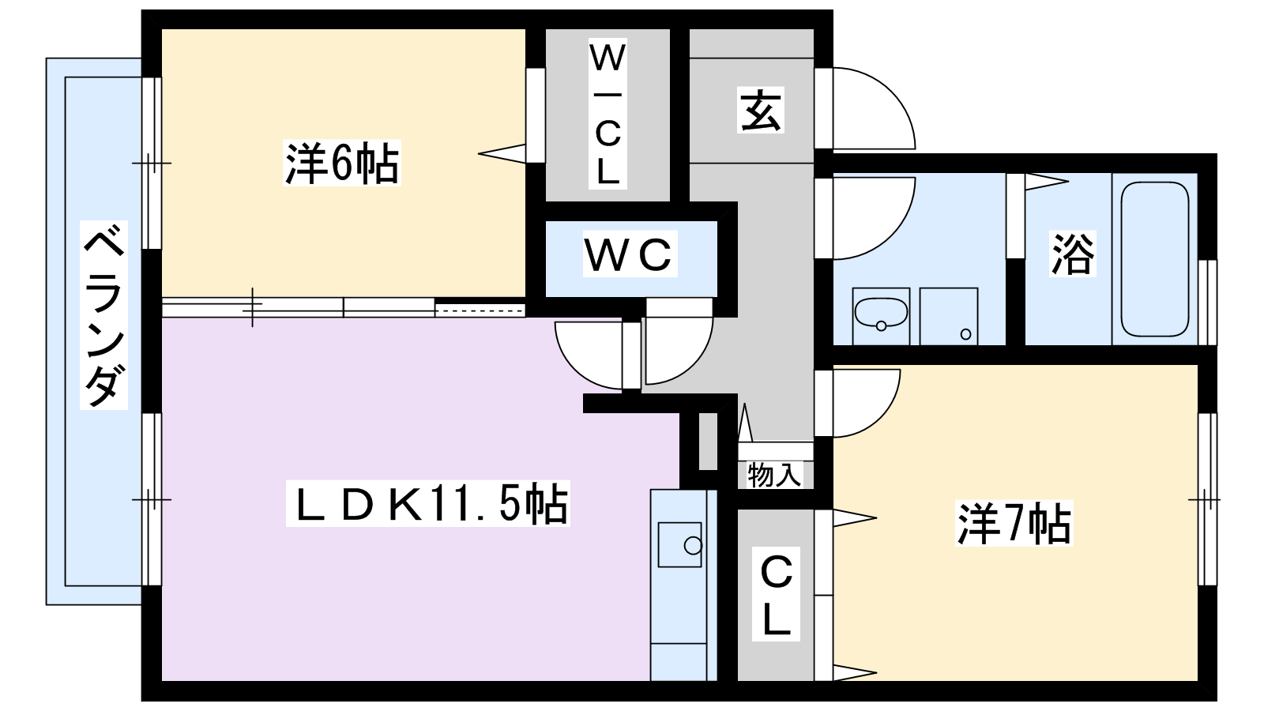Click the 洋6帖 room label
pos(342,164)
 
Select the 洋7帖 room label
pos(1014,523)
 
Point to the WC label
pos(630,254)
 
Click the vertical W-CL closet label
pos(608,115)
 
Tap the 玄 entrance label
pos(761,111)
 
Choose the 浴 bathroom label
pos(1072,254)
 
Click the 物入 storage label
pos(774,475)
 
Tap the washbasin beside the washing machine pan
pos(880,316)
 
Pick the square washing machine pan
pos(949,316)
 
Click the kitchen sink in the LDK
pos(680,544)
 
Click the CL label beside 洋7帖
pos(776,596)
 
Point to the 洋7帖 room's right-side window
pos(1206,499)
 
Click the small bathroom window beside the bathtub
pos(1208,301)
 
